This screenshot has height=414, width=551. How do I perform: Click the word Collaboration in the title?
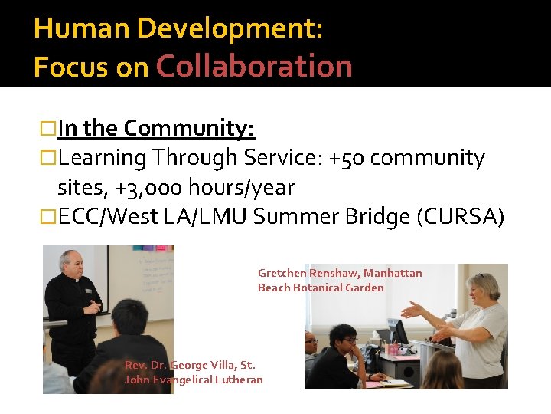tap(254, 67)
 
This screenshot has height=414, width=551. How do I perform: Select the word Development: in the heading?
tap(230, 29)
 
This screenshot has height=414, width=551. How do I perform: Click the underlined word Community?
tap(189, 128)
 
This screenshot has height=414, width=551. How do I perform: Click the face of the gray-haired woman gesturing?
tap(484, 292)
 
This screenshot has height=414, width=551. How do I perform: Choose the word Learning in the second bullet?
tap(103, 158)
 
